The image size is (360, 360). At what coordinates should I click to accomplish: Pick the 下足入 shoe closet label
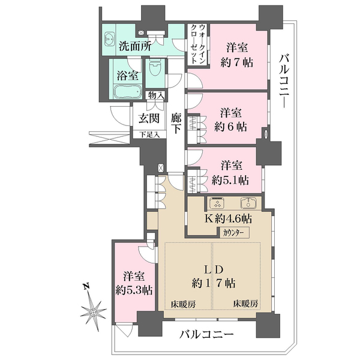click(x=149, y=134)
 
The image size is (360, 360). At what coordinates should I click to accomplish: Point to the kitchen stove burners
click(x=215, y=202)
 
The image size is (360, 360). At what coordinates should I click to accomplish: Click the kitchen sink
click(x=247, y=202)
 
